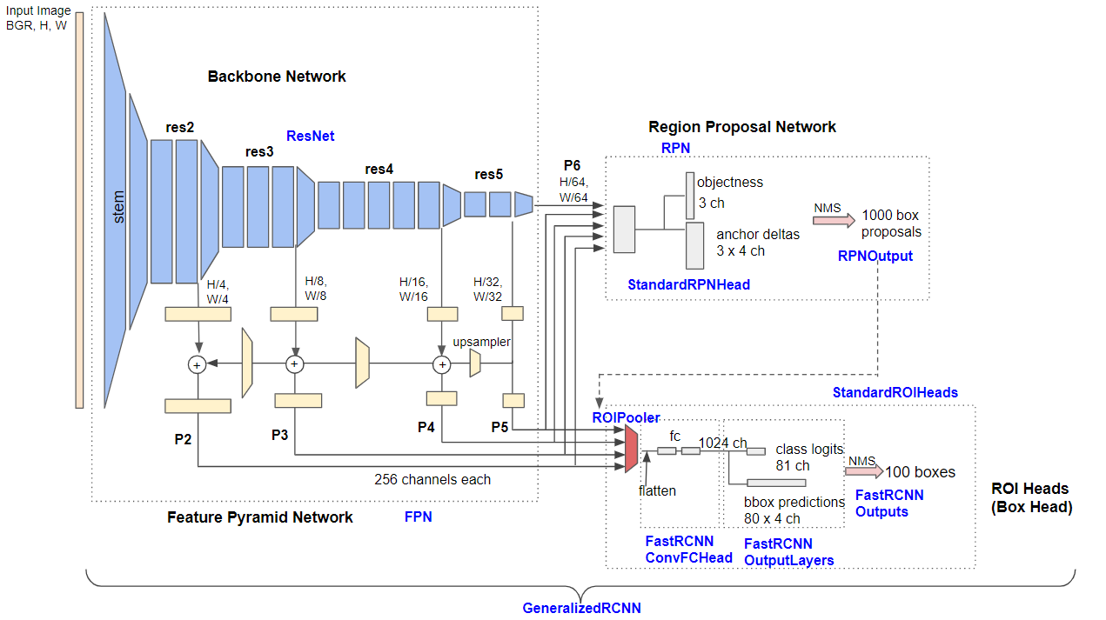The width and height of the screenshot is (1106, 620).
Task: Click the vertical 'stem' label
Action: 118,207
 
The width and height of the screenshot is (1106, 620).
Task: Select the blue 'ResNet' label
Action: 310,136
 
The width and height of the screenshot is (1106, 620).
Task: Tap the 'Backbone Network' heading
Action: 277,77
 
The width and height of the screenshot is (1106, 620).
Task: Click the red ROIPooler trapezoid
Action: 632,449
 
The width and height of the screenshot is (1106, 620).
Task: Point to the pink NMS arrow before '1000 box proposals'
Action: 834,220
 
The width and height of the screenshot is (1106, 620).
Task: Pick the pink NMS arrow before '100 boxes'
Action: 864,471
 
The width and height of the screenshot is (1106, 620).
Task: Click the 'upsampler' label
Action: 481,342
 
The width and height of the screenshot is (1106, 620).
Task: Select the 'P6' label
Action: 572,165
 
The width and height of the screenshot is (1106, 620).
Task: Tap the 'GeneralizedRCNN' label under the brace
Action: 581,608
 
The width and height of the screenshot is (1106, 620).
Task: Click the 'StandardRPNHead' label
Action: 689,284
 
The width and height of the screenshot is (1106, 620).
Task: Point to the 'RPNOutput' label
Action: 875,256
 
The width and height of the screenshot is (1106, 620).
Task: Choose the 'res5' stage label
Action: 488,174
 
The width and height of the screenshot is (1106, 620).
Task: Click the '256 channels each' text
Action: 432,479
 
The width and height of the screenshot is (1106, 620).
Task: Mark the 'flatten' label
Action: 657,490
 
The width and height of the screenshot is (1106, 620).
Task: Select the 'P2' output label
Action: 183,439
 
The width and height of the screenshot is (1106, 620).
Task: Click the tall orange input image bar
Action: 79,210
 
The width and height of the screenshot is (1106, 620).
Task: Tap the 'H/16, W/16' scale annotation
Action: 413,289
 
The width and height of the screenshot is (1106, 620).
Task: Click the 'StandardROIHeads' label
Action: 895,393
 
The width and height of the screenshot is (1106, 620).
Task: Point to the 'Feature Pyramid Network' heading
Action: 259,517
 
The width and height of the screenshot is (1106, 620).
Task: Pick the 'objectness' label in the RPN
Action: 730,183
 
